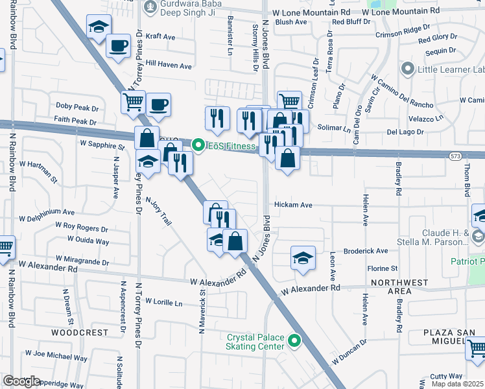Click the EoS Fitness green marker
tap(199, 146)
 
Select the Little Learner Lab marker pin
tap(408, 68)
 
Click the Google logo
tap(21, 381)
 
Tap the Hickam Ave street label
tap(293, 205)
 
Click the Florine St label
tap(382, 268)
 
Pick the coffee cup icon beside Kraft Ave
tap(118, 45)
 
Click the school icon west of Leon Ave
tap(303, 258)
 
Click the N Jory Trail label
tap(159, 211)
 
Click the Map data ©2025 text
tap(458, 384)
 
